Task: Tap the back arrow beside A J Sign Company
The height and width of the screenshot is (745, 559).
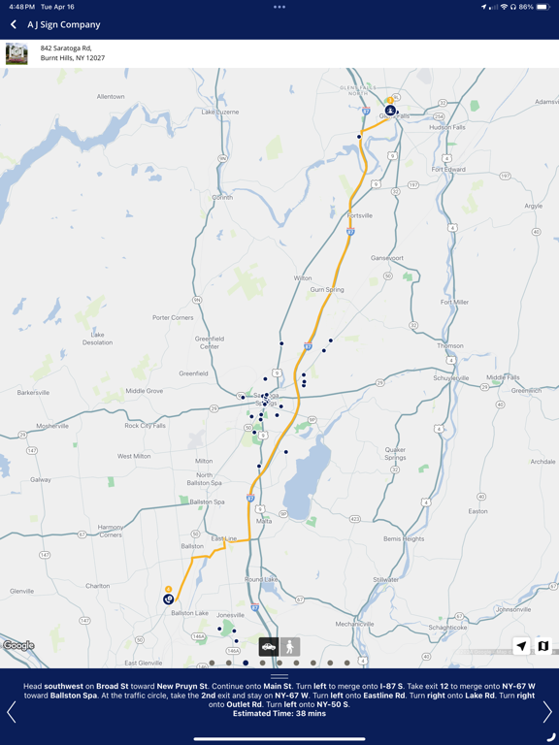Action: tap(14, 24)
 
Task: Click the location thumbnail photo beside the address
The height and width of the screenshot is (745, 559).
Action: tap(16, 53)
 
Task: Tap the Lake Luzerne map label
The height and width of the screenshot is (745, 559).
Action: tap(220, 112)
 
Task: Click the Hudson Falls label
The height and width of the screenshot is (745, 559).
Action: tap(447, 127)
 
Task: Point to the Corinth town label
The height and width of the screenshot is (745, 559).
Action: tap(222, 197)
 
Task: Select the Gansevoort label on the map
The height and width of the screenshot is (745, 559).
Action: tap(386, 258)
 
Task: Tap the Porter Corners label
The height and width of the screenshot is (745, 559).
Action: tap(173, 317)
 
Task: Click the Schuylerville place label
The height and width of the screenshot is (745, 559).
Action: tap(449, 378)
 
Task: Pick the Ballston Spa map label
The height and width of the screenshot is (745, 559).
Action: tap(207, 502)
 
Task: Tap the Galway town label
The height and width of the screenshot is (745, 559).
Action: tap(41, 479)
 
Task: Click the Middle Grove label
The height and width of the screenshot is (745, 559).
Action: tap(145, 391)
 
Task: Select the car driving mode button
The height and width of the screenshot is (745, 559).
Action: tap(269, 646)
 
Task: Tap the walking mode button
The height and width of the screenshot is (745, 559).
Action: tap(289, 646)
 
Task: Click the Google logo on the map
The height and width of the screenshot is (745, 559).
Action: tap(18, 646)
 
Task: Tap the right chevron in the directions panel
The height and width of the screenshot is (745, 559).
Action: tap(546, 712)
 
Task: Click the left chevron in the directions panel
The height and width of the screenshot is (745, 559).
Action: tap(12, 712)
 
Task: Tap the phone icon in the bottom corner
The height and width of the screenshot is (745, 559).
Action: tap(550, 737)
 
